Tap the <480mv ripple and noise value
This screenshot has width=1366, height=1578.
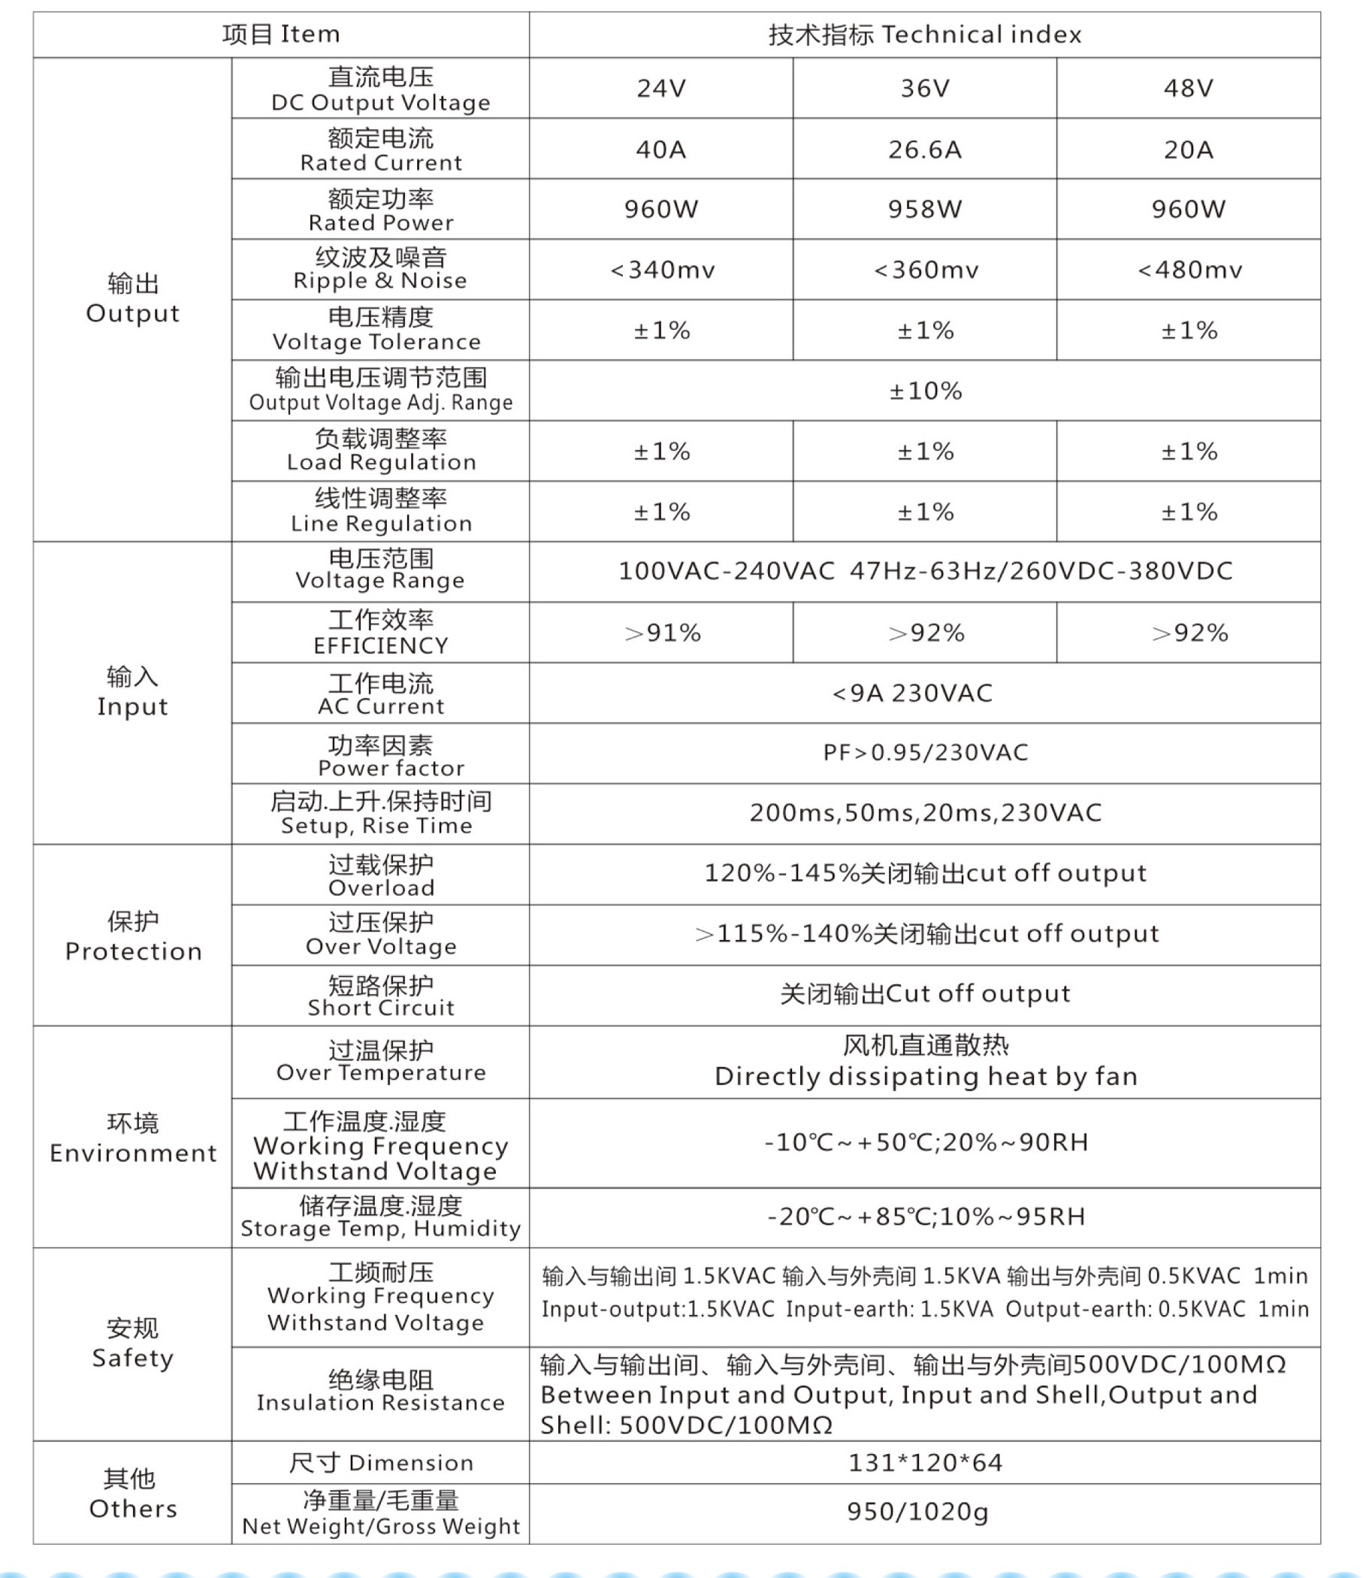point(1189,270)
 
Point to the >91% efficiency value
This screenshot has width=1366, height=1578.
point(662,633)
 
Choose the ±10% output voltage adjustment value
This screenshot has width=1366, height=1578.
point(925,391)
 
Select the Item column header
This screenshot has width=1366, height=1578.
point(280,35)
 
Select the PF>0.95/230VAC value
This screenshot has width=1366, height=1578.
point(925,753)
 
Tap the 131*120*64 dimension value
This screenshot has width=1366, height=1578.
point(925,1463)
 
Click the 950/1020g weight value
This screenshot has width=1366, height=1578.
point(917,1511)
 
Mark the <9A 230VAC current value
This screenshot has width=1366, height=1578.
point(911,694)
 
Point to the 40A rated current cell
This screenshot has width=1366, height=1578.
point(661,150)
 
